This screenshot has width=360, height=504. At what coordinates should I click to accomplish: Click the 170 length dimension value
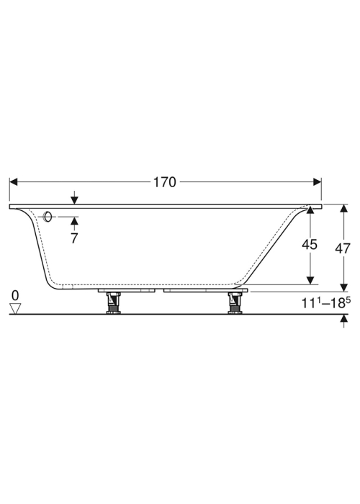[165, 182]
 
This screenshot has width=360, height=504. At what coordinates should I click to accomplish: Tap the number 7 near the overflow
[74, 238]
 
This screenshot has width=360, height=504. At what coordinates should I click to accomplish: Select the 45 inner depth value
[310, 245]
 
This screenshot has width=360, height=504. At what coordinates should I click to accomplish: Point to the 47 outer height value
[342, 248]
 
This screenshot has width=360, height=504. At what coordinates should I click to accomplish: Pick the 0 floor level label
[15, 295]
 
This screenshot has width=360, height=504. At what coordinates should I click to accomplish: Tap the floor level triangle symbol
[15, 309]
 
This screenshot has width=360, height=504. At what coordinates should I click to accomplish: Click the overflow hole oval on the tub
[48, 217]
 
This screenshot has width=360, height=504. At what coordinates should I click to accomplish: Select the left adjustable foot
[113, 303]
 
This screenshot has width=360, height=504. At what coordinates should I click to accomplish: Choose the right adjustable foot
[235, 303]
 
